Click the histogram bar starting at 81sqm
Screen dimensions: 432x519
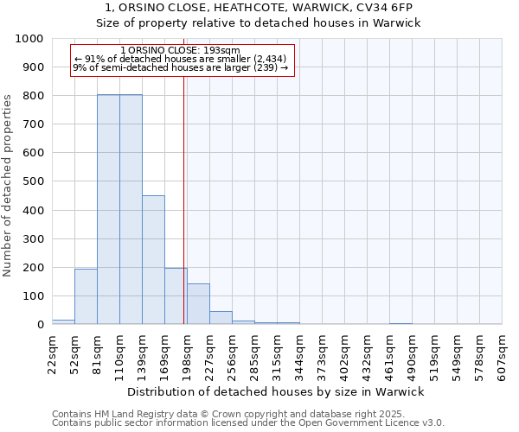coord(108,210)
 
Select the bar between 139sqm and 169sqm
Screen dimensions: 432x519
coord(153,260)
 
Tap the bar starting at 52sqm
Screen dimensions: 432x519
coord(86,296)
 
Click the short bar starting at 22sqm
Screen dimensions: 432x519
coord(63,321)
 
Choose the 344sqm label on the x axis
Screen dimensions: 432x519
coord(300,354)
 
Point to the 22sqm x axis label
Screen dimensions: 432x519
coord(54,354)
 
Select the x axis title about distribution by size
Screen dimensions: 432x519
coord(275,392)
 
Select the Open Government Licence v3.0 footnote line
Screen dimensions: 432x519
coord(248,423)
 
